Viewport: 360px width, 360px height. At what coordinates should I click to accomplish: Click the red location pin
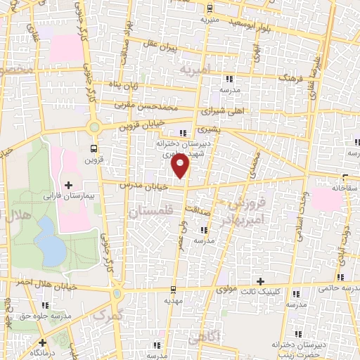[x=181, y=167]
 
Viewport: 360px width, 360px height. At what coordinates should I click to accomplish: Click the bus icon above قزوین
[x=95, y=148]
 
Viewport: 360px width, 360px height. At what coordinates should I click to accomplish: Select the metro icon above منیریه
[x=210, y=9]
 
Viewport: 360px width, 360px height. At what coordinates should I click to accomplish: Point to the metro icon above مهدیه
[x=167, y=289]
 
